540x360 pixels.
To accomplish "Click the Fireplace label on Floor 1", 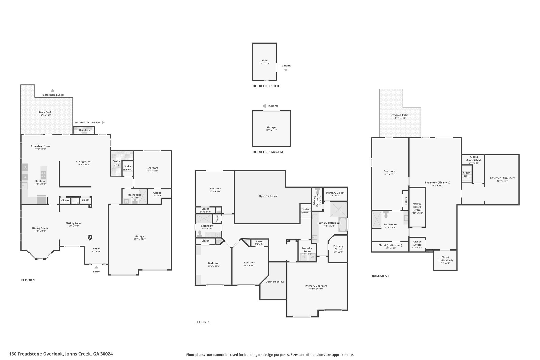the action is pyautogui.click(x=84, y=130).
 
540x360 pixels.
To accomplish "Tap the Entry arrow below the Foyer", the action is pyautogui.click(x=96, y=267).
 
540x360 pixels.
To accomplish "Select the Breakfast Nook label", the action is pyautogui.click(x=40, y=146).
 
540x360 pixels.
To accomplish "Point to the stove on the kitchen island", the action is pyautogui.click(x=44, y=175).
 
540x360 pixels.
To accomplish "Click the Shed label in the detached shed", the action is pyautogui.click(x=264, y=60).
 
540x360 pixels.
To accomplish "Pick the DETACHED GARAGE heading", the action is pyautogui.click(x=268, y=152).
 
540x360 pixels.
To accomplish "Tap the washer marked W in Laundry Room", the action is pyautogui.click(x=312, y=257).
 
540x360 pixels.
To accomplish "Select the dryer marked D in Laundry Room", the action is pyautogui.click(x=303, y=257).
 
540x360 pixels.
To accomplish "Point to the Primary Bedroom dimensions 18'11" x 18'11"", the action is pyautogui.click(x=316, y=289).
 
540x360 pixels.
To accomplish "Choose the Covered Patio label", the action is pyautogui.click(x=400, y=115).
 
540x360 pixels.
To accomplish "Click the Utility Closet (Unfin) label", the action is pyautogui.click(x=417, y=207).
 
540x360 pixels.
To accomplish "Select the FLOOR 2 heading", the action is pyautogui.click(x=202, y=322).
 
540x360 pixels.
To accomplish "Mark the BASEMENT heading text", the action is pyautogui.click(x=380, y=276).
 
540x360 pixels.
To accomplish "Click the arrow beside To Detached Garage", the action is pyautogui.click(x=103, y=122).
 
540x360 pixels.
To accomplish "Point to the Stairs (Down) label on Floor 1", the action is pyautogui.click(x=128, y=168).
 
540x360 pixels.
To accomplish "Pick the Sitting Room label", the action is pyautogui.click(x=74, y=223).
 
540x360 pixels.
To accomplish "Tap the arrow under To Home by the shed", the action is pyautogui.click(x=286, y=70).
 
